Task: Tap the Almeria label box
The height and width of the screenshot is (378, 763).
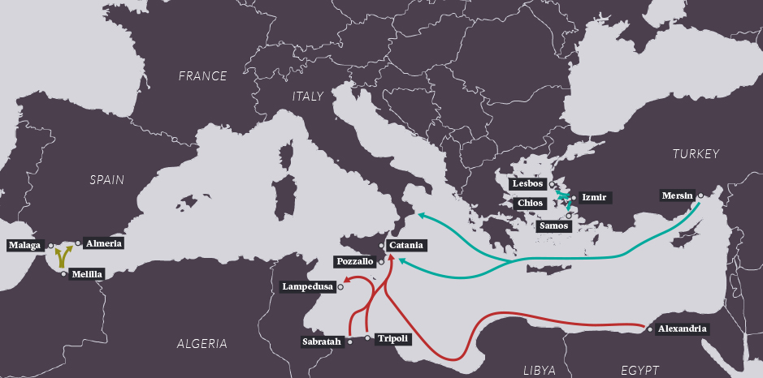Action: click(x=103, y=243)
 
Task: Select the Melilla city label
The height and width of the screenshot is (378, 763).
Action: click(x=87, y=274)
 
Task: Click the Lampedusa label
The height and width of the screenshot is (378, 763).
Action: click(x=306, y=286)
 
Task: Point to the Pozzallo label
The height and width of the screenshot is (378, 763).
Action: click(x=354, y=261)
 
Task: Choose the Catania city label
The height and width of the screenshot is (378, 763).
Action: click(x=405, y=244)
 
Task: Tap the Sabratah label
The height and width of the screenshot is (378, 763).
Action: click(x=321, y=341)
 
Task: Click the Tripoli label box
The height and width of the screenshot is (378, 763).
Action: click(x=392, y=338)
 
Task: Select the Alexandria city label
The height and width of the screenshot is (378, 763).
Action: click(x=682, y=329)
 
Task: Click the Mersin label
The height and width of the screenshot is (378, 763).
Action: click(x=678, y=195)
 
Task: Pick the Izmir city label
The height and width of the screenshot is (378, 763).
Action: click(x=595, y=197)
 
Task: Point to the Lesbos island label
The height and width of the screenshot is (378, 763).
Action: click(x=527, y=184)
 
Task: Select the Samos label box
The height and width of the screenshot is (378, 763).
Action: click(x=554, y=226)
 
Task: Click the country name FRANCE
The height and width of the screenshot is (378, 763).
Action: click(x=203, y=76)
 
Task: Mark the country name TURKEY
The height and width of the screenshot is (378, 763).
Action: click(x=696, y=153)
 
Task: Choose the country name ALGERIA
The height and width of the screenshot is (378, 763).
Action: click(x=202, y=344)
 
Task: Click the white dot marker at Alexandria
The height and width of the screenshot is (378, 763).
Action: click(x=648, y=329)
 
